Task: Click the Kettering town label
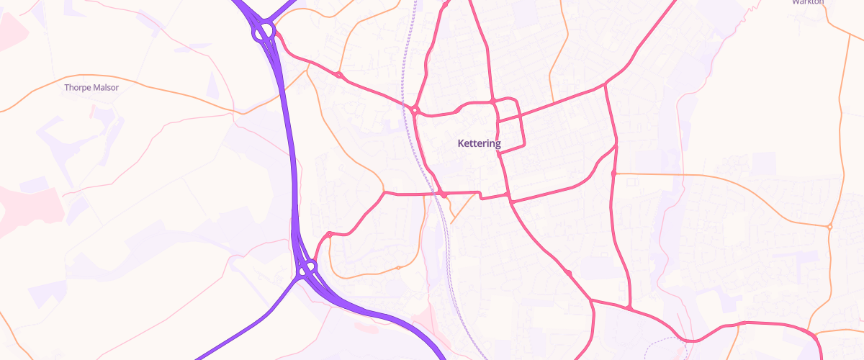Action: click(x=479, y=144)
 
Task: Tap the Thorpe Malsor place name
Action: click(x=91, y=88)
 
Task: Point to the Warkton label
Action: click(x=807, y=2)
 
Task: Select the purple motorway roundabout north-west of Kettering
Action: click(x=262, y=32)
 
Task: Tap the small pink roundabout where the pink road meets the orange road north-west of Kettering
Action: click(x=339, y=75)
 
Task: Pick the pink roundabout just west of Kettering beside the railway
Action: click(x=415, y=110)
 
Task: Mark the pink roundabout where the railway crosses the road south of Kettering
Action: click(x=444, y=195)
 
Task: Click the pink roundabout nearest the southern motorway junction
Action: click(x=329, y=234)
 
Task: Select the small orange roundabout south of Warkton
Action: click(x=829, y=227)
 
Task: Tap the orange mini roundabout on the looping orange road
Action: click(x=398, y=268)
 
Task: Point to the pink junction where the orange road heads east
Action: click(x=613, y=174)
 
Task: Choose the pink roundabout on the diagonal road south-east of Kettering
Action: click(x=569, y=273)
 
